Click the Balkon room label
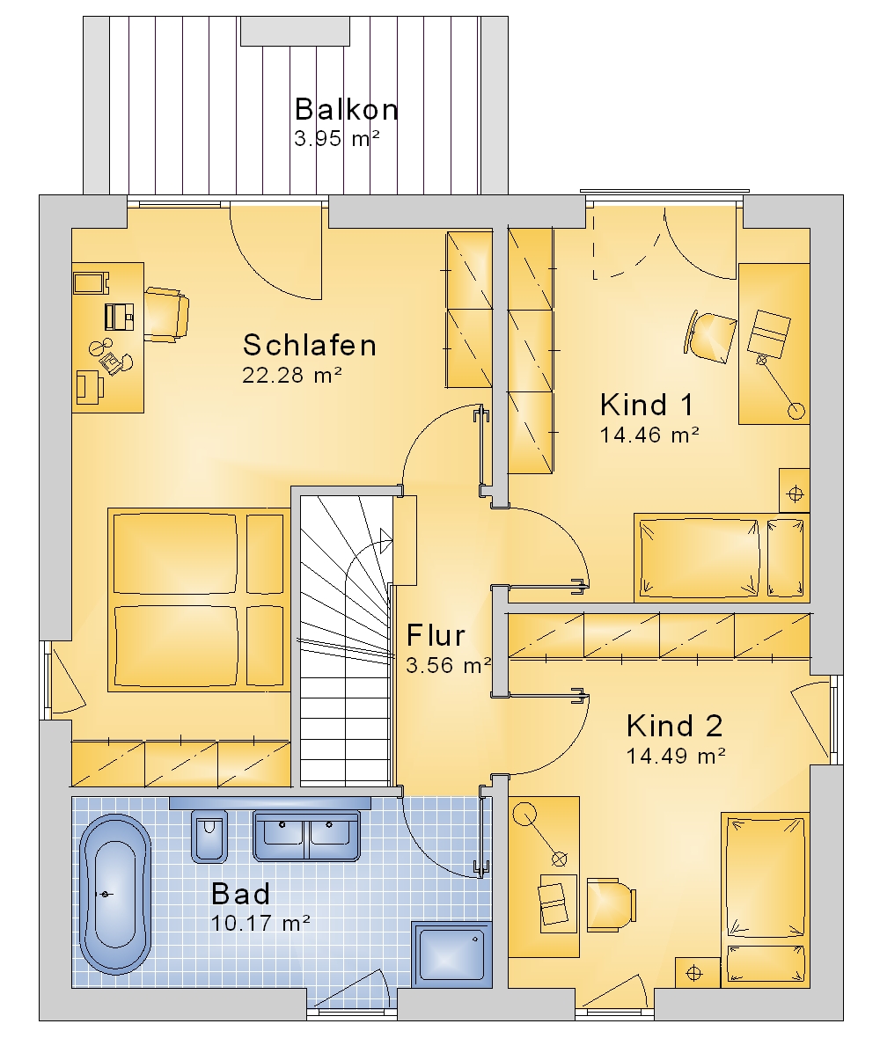[346, 109]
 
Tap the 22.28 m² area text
[292, 375]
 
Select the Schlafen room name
[310, 345]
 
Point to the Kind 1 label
[646, 405]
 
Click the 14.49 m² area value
[676, 757]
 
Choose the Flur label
[436, 635]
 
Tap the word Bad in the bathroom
[240, 894]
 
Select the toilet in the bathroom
[209, 836]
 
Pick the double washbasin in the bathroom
[306, 835]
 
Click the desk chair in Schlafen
[166, 314]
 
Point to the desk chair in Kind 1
[711, 337]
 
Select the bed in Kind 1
[722, 558]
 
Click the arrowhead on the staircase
[385, 539]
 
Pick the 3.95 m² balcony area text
[337, 139]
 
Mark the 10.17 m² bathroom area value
[260, 923]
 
